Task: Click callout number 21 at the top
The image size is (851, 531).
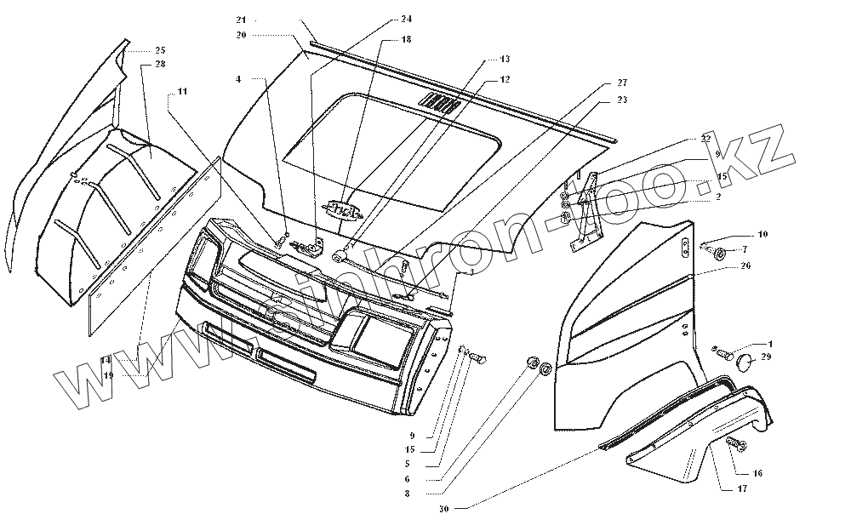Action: coord(241,20)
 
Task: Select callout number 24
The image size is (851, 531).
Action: coord(406,19)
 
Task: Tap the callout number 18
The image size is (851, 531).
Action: coord(406,39)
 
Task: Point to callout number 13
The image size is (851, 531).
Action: coord(505,60)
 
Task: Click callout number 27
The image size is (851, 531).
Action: coord(621,83)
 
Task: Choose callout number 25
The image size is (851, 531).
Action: coord(161,50)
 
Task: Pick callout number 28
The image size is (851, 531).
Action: coord(161,65)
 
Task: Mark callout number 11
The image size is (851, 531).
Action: coord(183,91)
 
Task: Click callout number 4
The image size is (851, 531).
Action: coord(238,78)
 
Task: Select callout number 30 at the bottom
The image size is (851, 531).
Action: coord(443,509)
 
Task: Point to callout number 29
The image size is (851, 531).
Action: coord(766,357)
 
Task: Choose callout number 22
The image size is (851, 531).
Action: coord(705,138)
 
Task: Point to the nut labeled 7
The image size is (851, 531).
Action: coord(720,251)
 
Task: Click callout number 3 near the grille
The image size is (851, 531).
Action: coord(470,272)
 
